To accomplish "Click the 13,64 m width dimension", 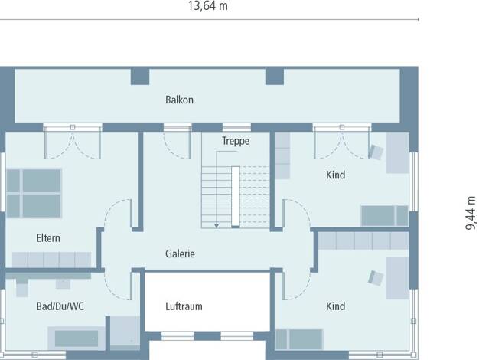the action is (x=207, y=6).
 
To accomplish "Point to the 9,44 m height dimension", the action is (x=471, y=213).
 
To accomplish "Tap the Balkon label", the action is (x=179, y=100).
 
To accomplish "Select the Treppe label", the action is (x=236, y=141).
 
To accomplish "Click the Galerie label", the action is (x=180, y=254).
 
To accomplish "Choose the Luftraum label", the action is (x=184, y=306).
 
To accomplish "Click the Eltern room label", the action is (x=48, y=238).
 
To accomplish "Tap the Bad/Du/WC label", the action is (x=60, y=306).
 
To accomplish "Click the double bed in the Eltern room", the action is (x=34, y=193).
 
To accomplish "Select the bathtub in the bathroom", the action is (x=77, y=339).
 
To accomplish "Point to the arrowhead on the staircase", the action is (x=217, y=226).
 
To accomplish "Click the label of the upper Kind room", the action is (x=336, y=175).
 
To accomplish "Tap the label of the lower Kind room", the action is (x=336, y=306).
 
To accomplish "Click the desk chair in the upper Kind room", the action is (x=376, y=152).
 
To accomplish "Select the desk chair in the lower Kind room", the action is (x=376, y=278).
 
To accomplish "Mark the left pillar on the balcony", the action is (x=140, y=77).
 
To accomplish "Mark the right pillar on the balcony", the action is (x=275, y=77).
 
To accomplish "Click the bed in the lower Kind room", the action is (x=299, y=339).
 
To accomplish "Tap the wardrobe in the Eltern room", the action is (x=51, y=260).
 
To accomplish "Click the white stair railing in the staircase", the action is (x=236, y=197).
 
